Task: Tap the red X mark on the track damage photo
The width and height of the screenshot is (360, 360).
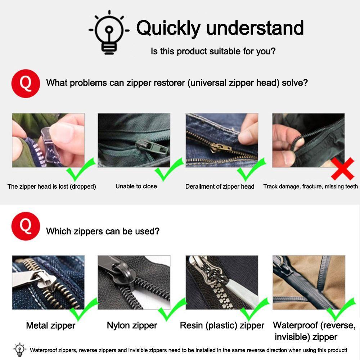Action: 343,168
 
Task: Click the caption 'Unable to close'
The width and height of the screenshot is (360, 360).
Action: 136,186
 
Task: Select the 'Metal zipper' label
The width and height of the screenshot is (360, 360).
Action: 50,325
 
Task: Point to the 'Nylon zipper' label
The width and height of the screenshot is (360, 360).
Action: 132,325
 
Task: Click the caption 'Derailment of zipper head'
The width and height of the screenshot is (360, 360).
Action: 220,186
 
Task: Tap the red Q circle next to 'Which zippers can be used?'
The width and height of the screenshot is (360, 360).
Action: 26,226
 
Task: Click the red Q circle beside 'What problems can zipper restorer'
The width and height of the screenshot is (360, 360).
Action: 26,84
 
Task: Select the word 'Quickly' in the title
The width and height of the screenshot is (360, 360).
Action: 168,28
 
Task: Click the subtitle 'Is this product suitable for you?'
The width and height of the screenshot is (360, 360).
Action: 213,51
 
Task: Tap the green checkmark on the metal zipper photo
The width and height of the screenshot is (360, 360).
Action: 84,309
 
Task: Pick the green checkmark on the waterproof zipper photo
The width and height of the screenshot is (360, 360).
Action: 341,309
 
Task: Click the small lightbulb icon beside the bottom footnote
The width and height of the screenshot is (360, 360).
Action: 20,349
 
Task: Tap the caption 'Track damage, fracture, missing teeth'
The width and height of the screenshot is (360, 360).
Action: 310,186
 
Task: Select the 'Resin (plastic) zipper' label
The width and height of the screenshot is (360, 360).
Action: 222,325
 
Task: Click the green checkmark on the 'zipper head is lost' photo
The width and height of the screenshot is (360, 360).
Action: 81,169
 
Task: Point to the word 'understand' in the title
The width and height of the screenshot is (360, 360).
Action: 255,28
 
